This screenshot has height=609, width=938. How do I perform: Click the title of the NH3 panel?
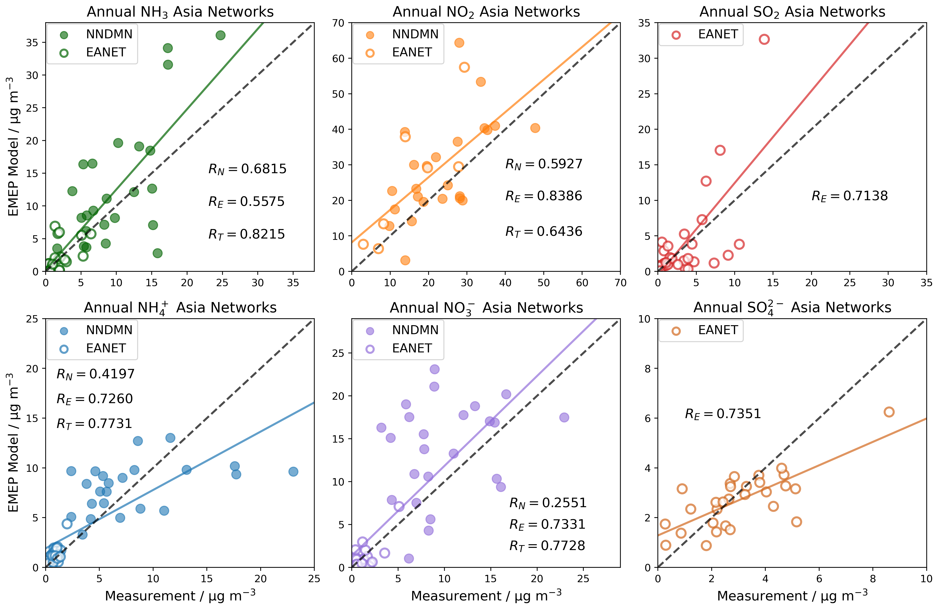pos(180,12)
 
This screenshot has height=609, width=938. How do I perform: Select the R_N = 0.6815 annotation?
pos(247,169)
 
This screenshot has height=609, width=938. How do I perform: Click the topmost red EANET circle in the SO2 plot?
pos(764,39)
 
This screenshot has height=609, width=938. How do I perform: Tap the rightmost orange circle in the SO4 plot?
pos(889,412)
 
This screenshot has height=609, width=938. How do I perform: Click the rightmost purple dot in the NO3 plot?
pos(564,417)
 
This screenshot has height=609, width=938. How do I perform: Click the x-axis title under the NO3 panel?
pos(486,596)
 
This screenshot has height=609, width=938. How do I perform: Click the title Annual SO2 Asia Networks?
pos(792,12)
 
